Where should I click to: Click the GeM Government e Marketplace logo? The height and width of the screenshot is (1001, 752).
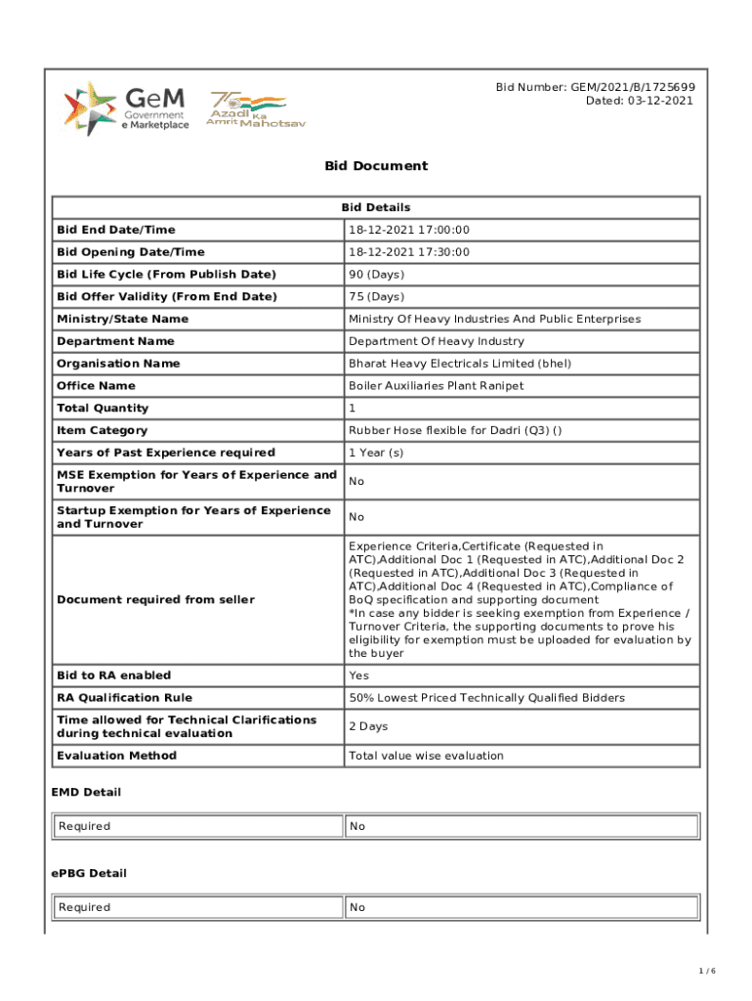pyautogui.click(x=126, y=109)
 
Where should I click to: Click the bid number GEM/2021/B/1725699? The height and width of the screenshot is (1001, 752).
pyautogui.click(x=595, y=87)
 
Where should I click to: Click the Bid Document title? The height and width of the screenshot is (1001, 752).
pyautogui.click(x=376, y=166)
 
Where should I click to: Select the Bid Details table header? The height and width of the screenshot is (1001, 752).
pyautogui.click(x=376, y=207)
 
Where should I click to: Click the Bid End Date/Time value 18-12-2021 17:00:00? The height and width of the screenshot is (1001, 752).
pyautogui.click(x=409, y=230)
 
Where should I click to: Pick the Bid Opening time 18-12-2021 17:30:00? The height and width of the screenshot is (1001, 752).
pyautogui.click(x=409, y=252)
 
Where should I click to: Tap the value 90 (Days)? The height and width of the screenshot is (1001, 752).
pyautogui.click(x=376, y=275)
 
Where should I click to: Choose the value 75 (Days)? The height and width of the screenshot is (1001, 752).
pyautogui.click(x=376, y=297)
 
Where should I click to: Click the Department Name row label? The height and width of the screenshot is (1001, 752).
pyautogui.click(x=115, y=341)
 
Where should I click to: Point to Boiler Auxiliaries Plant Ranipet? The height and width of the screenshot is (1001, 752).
pyautogui.click(x=436, y=386)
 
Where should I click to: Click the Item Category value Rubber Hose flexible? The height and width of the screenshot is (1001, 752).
pyautogui.click(x=449, y=431)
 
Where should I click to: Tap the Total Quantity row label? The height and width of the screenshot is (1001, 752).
pyautogui.click(x=103, y=409)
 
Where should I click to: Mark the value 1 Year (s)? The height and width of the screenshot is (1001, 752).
pyautogui.click(x=377, y=453)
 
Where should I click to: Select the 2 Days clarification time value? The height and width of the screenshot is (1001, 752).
pyautogui.click(x=368, y=726)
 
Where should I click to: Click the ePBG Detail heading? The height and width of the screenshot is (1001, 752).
pyautogui.click(x=89, y=873)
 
